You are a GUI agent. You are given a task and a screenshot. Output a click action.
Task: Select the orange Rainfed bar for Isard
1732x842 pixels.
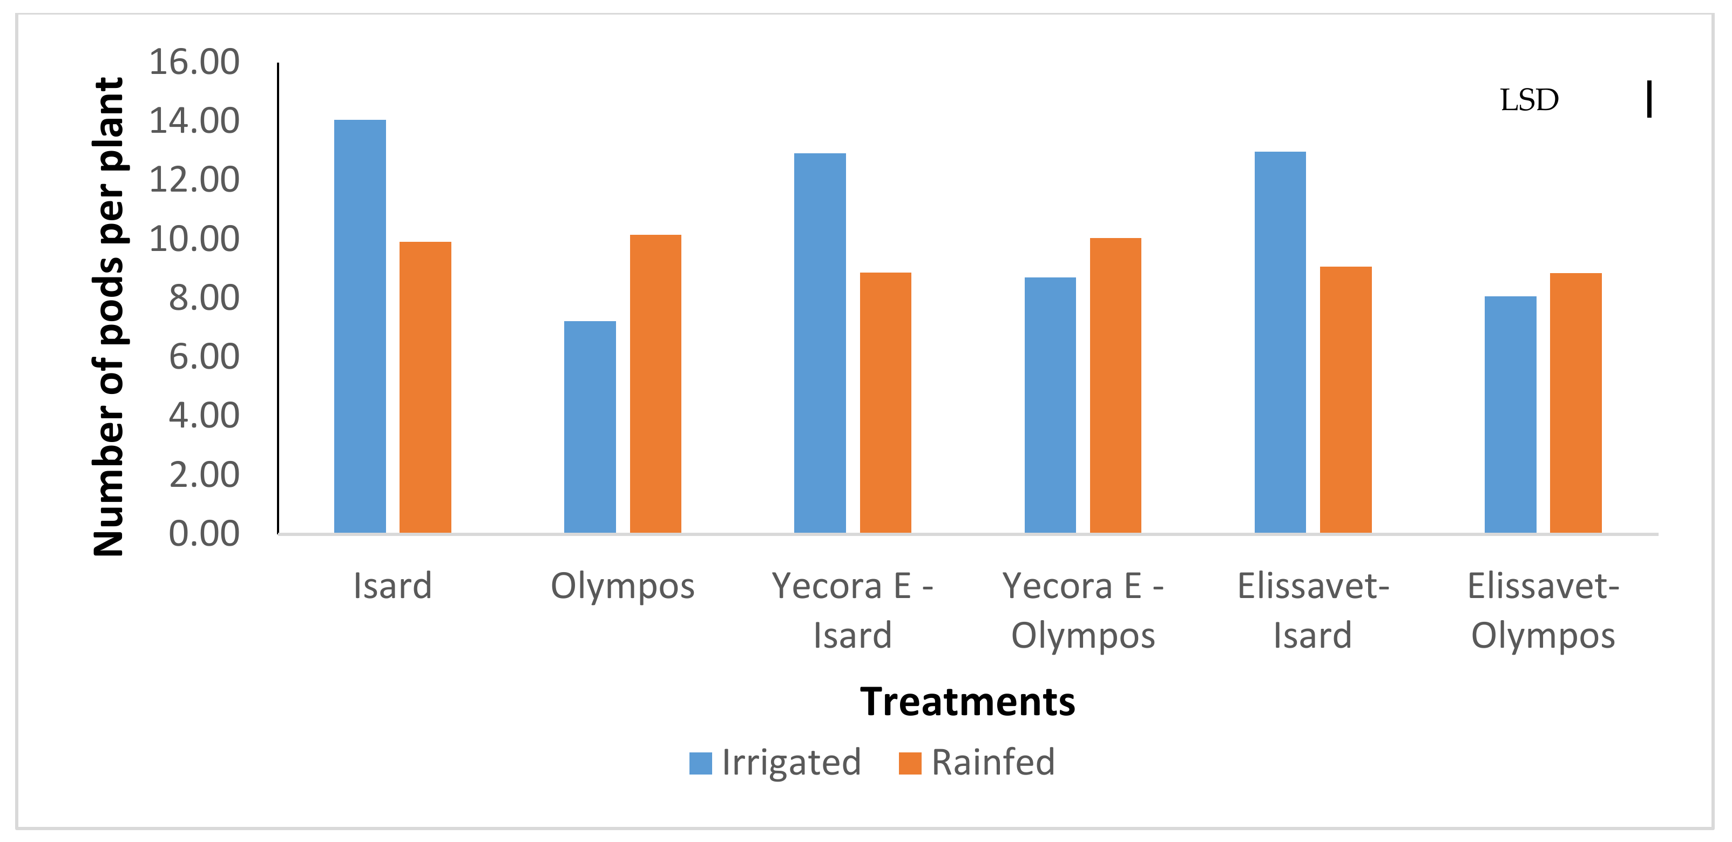tap(425, 387)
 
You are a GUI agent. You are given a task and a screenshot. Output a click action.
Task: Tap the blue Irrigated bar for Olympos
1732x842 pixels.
tap(590, 427)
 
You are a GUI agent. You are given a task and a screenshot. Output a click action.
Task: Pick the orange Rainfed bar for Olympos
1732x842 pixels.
tap(655, 384)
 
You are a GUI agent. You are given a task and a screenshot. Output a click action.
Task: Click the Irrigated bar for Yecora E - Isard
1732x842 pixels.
tap(820, 343)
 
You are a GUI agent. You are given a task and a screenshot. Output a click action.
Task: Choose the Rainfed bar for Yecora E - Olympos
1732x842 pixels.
tap(1115, 385)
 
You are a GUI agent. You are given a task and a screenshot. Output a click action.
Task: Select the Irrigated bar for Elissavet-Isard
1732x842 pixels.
tap(1280, 342)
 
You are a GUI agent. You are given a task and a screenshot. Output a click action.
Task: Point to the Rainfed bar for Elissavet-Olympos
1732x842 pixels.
tap(1575, 403)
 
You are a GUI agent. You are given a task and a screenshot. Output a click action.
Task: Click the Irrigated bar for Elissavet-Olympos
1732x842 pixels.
tap(1510, 414)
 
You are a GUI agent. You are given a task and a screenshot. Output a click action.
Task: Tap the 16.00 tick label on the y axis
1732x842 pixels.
tap(194, 62)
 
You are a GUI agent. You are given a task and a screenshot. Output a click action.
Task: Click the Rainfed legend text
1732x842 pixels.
tap(992, 763)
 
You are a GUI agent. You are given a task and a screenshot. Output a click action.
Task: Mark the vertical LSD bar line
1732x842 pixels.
tap(1649, 99)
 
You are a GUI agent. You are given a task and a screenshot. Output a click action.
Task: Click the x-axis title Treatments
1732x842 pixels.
tap(967, 702)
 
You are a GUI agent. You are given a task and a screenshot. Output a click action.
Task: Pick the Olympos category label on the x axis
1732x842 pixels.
tap(622, 586)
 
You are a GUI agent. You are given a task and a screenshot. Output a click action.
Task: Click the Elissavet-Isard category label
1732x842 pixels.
tap(1312, 610)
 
